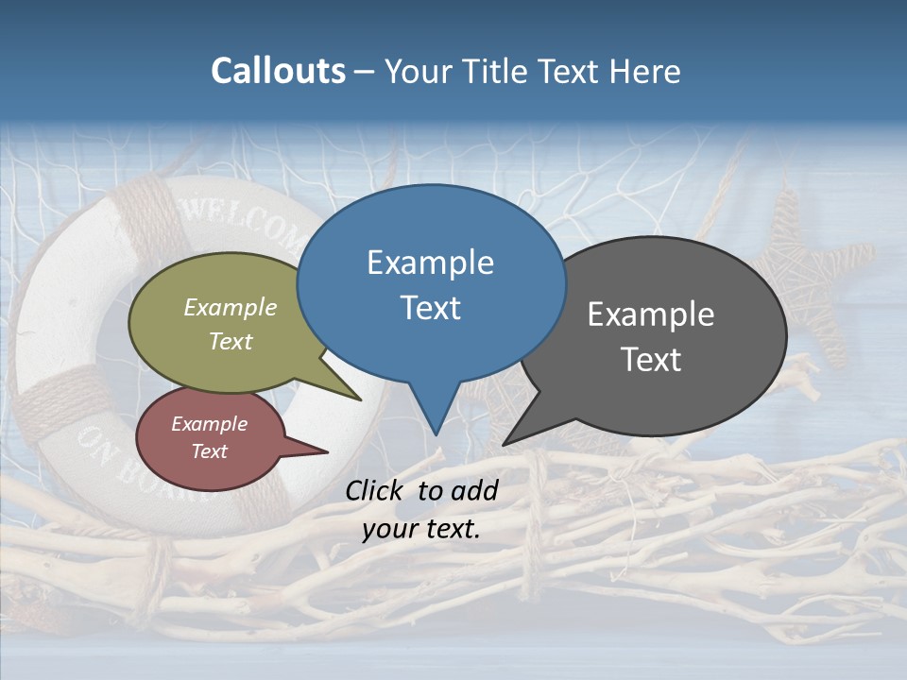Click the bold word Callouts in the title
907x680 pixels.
tap(278, 71)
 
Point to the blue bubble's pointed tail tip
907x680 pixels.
tap(436, 433)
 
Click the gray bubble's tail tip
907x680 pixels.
tap(505, 444)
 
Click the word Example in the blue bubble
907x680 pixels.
tap(430, 263)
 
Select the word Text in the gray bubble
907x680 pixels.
tap(651, 360)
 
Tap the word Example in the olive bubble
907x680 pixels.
tap(231, 308)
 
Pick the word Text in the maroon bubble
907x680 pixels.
tap(210, 451)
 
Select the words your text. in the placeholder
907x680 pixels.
tap(421, 529)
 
